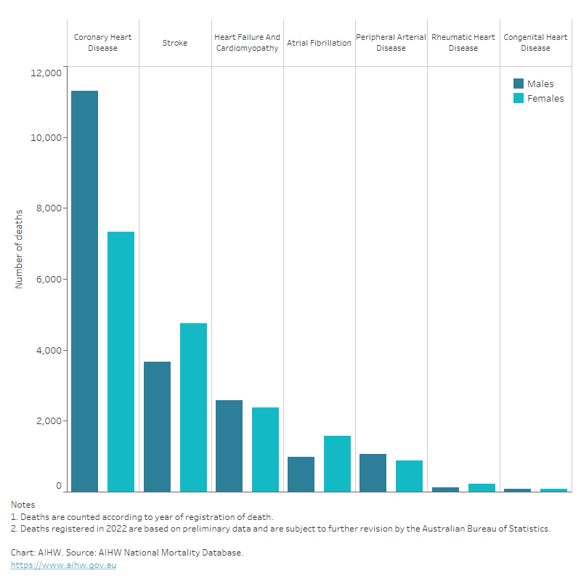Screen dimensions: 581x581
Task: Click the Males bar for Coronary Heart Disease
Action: click(x=84, y=290)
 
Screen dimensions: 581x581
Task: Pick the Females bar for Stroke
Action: click(x=193, y=407)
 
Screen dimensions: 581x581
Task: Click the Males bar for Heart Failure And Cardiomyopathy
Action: click(x=229, y=446)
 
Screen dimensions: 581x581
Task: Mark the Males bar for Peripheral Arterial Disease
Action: click(x=373, y=473)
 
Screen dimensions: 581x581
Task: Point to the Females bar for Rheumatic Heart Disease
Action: click(x=482, y=487)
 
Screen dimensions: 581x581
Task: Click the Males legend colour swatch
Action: click(x=519, y=84)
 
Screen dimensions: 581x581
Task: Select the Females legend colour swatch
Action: click(x=519, y=98)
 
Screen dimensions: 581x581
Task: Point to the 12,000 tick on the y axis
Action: click(x=46, y=72)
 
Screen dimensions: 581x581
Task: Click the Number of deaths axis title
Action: click(x=20, y=248)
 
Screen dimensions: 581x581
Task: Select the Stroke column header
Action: click(x=175, y=43)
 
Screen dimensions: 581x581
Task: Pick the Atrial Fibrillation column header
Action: click(x=319, y=43)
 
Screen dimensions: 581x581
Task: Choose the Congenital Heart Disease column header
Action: click(x=535, y=43)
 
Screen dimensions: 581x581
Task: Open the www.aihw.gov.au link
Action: click(x=63, y=565)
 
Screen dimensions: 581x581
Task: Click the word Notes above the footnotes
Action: click(x=23, y=504)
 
